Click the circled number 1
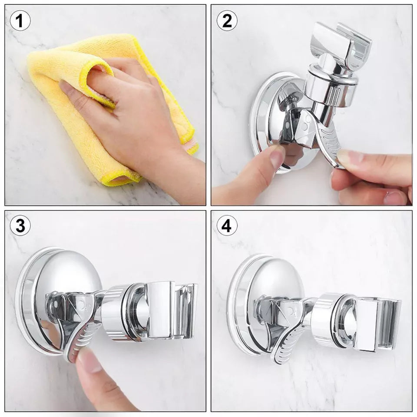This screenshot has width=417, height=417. click(x=20, y=20)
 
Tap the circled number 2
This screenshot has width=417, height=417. click(x=227, y=20)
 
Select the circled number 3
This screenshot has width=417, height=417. click(x=20, y=226)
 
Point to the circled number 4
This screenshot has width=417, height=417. click(x=227, y=226)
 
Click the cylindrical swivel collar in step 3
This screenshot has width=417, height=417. click(x=119, y=313)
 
